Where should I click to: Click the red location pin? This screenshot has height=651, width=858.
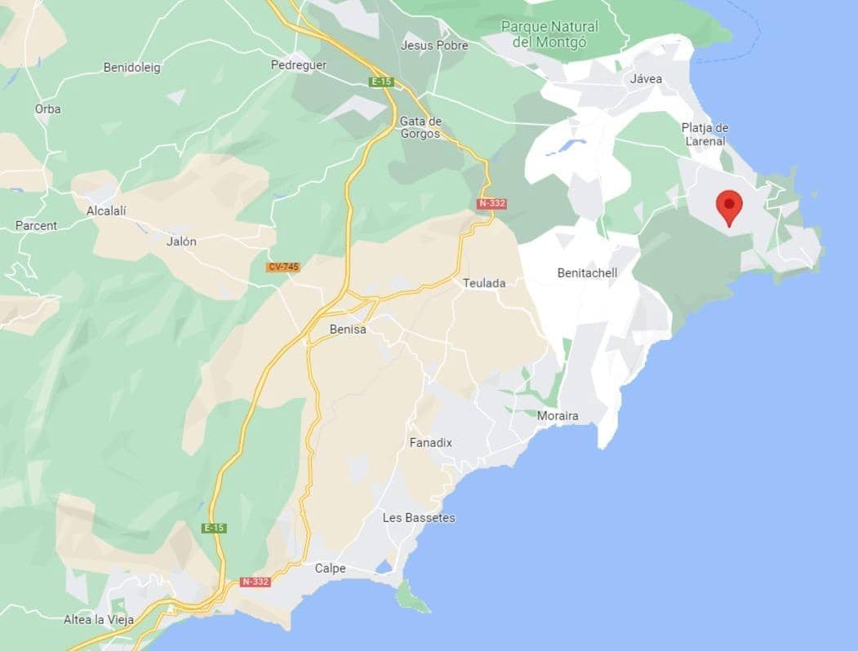tap(728, 206)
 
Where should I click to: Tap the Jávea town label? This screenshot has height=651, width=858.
tap(646, 79)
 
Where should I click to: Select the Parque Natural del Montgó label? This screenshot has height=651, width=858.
tap(549, 33)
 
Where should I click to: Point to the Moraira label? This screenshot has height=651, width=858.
tap(558, 416)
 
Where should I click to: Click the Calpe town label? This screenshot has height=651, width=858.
tap(330, 569)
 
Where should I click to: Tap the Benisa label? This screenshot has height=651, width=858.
tap(347, 330)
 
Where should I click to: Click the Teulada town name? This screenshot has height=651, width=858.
tap(484, 283)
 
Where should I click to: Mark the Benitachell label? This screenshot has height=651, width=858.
tap(587, 272)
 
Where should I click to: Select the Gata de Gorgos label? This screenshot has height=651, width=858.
tap(420, 127)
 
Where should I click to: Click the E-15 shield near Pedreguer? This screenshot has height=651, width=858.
tap(380, 82)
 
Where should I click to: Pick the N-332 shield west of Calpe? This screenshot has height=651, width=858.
tap(255, 582)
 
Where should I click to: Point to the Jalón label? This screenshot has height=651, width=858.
tap(180, 241)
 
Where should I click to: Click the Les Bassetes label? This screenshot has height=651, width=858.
tap(419, 518)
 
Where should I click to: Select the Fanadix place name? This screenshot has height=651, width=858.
tap(430, 442)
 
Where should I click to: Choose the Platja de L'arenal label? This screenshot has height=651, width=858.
tap(705, 135)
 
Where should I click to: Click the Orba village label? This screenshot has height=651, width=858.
tap(47, 108)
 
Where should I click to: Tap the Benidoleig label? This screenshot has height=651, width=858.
tap(132, 68)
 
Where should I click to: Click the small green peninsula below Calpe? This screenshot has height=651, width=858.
tap(412, 599)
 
